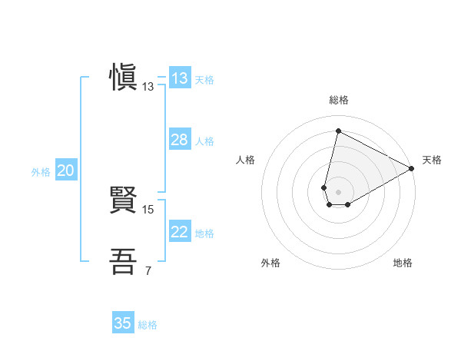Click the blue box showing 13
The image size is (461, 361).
click(x=180, y=78)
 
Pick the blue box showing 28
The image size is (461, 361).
click(x=180, y=140)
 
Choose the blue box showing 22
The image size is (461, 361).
click(x=180, y=232)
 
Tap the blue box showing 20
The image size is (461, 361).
click(x=65, y=171)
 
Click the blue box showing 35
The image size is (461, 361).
click(x=123, y=323)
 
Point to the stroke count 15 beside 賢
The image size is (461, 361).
click(x=148, y=209)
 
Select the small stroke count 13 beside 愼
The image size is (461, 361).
click(x=148, y=87)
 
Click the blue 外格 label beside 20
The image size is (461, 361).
click(x=41, y=172)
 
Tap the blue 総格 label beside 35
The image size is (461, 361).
click(x=148, y=325)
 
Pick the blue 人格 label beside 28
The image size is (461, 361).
click(x=204, y=141)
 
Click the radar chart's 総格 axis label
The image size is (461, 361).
click(x=338, y=100)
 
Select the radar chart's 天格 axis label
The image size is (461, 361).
click(x=433, y=160)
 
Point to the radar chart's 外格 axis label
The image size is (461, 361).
click(x=270, y=263)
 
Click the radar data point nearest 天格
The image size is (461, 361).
click(x=413, y=168)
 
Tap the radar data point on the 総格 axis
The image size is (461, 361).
click(x=338, y=131)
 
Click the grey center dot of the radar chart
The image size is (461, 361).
click(x=338, y=191)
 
